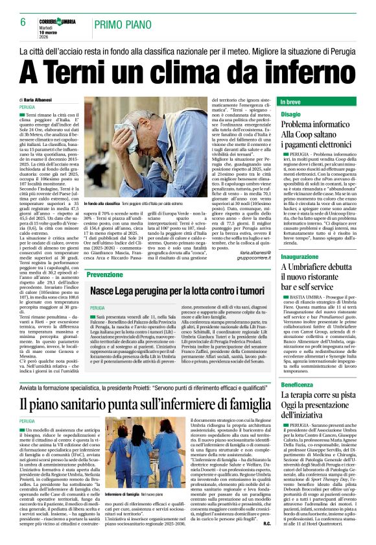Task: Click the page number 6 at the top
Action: tap(23, 21)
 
